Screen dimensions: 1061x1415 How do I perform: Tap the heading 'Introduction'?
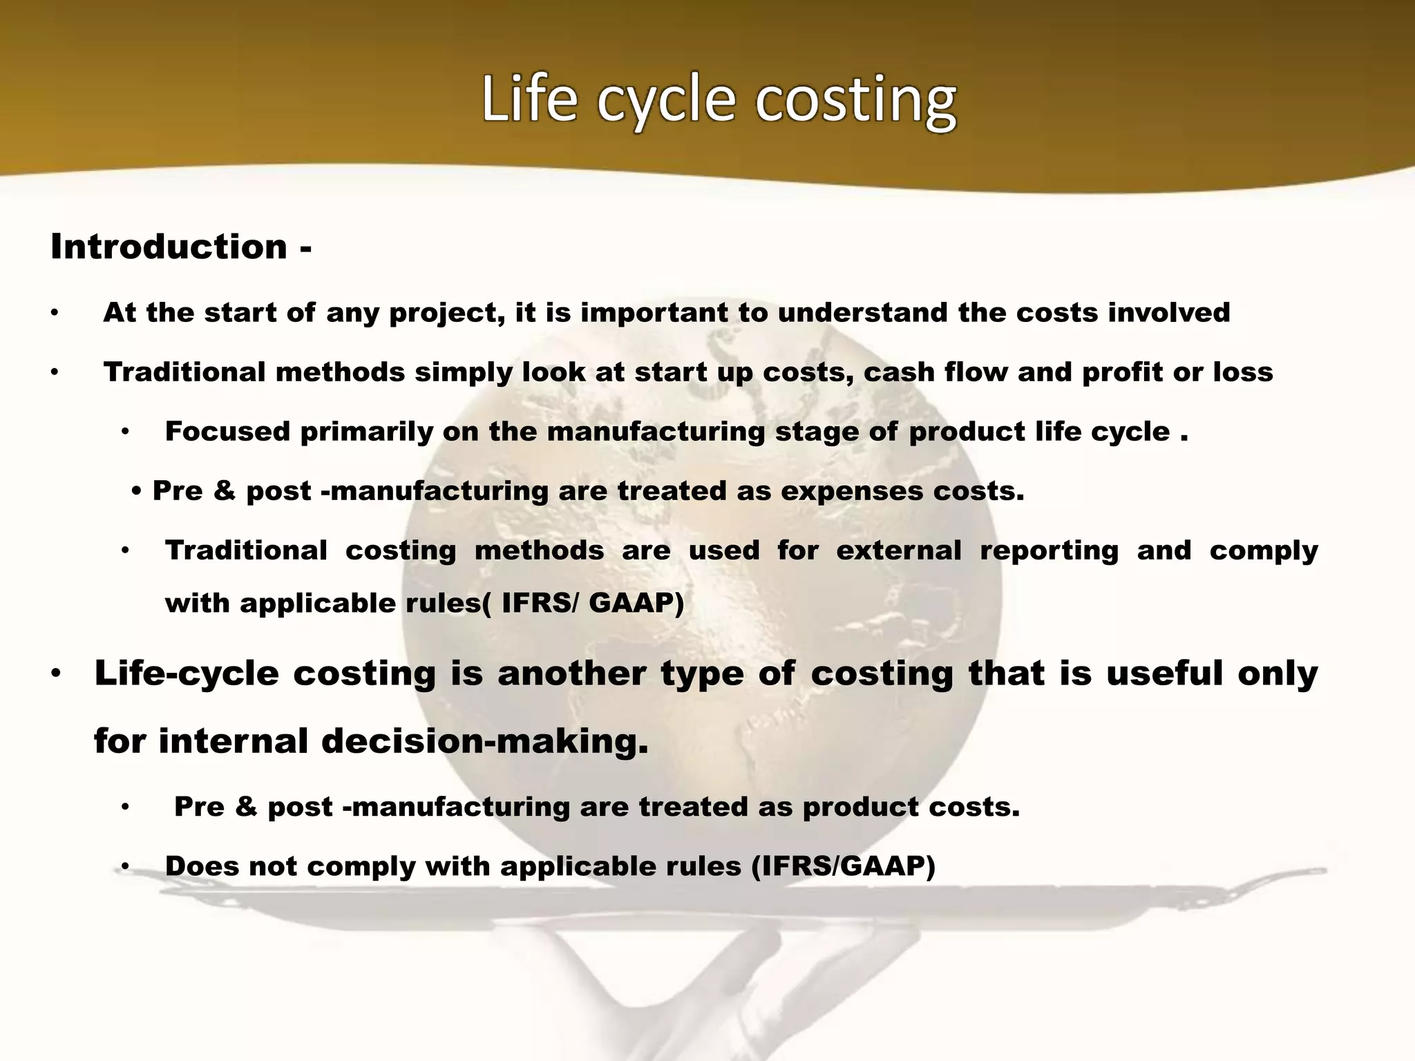point(169,247)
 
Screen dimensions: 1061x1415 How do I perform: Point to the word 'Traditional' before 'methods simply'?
point(184,372)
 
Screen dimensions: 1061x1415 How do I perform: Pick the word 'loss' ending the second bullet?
point(1243,372)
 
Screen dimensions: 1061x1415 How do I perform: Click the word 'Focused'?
point(227,432)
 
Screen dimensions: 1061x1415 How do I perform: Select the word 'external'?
point(898,551)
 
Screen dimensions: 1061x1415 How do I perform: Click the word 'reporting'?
point(1049,551)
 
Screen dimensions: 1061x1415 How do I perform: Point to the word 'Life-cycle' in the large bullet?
point(186,673)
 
